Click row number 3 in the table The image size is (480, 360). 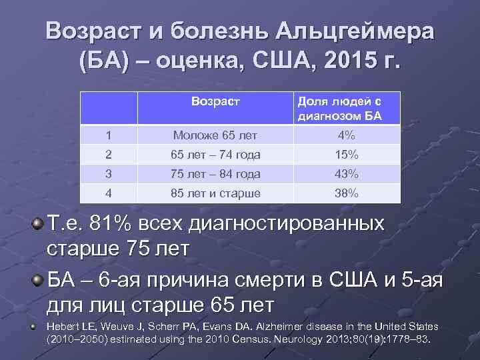click(109, 174)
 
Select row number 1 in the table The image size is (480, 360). click(109, 135)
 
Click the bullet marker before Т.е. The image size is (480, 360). click(39, 222)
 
